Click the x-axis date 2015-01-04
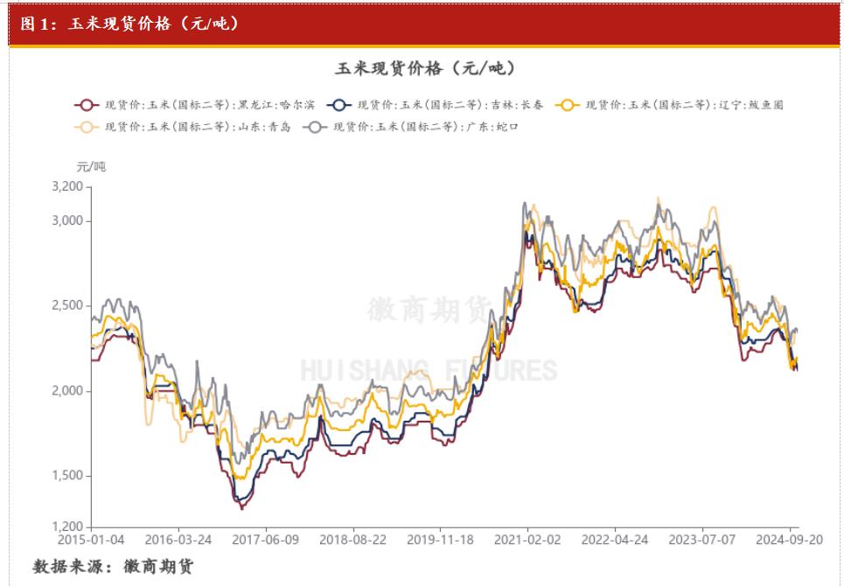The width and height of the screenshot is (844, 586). click(91, 541)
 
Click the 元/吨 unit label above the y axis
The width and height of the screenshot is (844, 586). click(91, 166)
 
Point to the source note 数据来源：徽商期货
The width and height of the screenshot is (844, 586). click(113, 567)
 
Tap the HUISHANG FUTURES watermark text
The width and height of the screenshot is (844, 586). click(429, 370)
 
